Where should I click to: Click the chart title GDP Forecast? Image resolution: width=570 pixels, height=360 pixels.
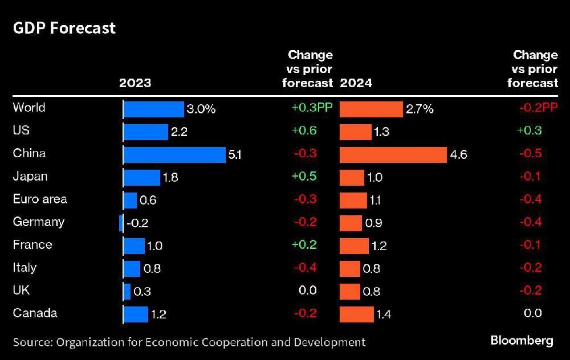click(x=64, y=28)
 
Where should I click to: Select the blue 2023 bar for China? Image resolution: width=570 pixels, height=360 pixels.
click(x=175, y=154)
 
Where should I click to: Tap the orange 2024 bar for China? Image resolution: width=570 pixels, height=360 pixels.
click(x=393, y=154)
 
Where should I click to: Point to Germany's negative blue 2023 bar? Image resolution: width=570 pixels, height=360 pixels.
click(x=121, y=223)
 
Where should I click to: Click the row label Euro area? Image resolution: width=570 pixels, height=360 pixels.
click(x=40, y=199)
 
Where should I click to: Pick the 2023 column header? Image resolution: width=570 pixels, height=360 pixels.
click(x=135, y=83)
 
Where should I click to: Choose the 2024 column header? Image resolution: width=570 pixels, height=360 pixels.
click(x=356, y=83)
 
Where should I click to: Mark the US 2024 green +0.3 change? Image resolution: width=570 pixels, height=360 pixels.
click(x=530, y=131)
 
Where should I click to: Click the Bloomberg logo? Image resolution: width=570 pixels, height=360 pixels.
click(x=522, y=341)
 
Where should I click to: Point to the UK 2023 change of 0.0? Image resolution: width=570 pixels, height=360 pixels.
click(x=308, y=291)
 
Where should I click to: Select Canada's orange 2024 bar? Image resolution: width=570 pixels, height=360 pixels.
click(x=357, y=314)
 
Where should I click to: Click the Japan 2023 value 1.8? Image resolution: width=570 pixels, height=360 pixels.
click(x=170, y=178)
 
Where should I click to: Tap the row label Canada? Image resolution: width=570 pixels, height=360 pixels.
click(x=35, y=313)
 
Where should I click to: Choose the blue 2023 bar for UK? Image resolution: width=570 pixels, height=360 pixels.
click(x=127, y=291)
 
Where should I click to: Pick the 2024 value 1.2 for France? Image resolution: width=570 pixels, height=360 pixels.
click(x=379, y=246)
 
